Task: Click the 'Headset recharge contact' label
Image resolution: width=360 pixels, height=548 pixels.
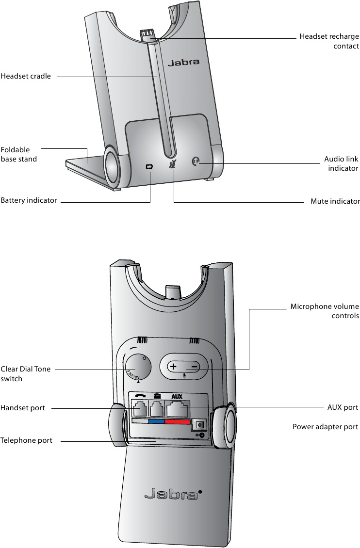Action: (329, 41)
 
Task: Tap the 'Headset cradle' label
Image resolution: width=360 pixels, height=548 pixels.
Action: (26, 76)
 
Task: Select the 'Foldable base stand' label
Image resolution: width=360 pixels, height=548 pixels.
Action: (19, 154)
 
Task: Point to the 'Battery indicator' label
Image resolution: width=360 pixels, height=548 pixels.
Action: (29, 200)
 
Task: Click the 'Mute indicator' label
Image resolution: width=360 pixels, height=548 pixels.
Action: (335, 201)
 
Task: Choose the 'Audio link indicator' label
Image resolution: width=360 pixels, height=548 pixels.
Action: (341, 163)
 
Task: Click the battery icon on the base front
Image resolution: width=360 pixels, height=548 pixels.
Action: (149, 167)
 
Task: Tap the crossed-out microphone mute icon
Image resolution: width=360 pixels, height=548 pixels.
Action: (172, 164)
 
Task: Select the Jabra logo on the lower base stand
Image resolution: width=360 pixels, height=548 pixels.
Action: (172, 495)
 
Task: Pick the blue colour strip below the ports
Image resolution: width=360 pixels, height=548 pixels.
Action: (156, 422)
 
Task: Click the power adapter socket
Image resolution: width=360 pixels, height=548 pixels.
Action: (198, 425)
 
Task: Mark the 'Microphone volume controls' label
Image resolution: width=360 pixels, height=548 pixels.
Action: (325, 311)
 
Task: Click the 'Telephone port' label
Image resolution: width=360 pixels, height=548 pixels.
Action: (26, 440)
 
